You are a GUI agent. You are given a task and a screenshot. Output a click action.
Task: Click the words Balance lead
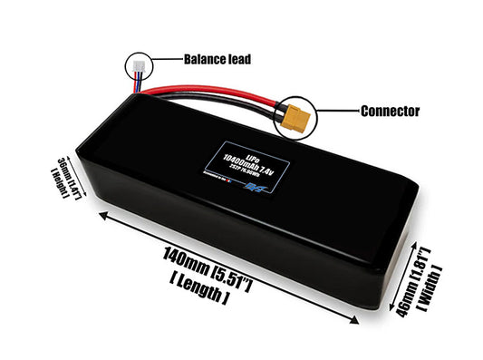pos(217,60)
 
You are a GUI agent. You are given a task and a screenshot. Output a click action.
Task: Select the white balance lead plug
pos(136,65)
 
